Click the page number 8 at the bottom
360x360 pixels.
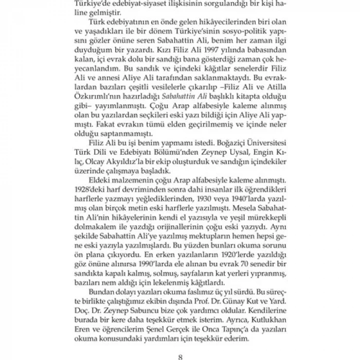click(x=180, y=354)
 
